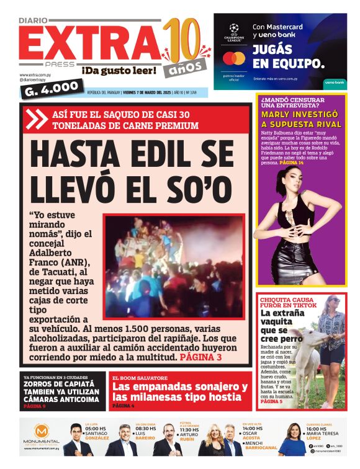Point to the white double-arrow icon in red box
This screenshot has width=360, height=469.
(38, 118)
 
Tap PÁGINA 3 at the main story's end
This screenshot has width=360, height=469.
(200, 358)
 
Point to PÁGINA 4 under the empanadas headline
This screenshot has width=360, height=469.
(124, 406)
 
